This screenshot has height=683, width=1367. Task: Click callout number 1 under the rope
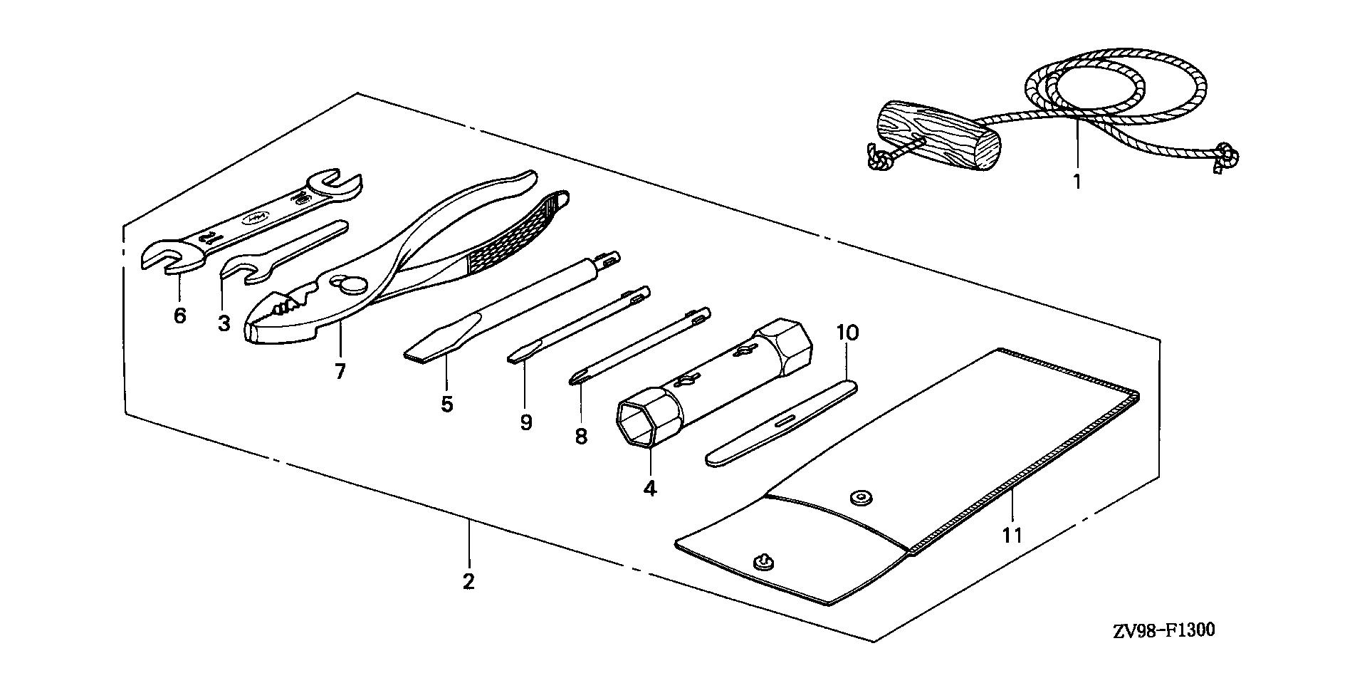click(1077, 181)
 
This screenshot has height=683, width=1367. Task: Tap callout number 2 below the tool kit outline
click(468, 581)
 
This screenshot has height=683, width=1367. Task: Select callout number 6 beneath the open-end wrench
click(179, 314)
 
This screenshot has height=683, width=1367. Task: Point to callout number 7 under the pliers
click(340, 370)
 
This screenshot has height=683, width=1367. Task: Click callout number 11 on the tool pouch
click(1012, 534)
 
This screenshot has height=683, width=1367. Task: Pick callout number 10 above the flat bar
click(848, 332)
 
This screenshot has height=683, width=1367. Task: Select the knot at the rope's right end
click(1226, 155)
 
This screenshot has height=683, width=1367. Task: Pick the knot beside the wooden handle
click(880, 159)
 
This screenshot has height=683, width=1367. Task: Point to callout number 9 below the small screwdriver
click(525, 422)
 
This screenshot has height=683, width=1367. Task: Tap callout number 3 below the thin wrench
click(224, 323)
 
